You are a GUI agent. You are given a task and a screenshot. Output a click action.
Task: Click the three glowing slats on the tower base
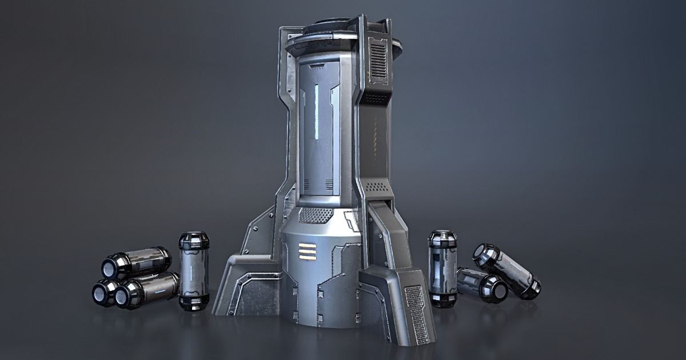(x=306, y=251)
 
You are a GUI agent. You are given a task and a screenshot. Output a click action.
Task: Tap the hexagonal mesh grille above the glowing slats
(x=316, y=215)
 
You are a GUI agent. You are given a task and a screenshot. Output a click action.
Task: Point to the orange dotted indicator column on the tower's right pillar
(x=376, y=138)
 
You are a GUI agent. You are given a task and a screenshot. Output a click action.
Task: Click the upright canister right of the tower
(x=442, y=268)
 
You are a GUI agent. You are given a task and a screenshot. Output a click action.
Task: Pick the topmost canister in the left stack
(x=137, y=263)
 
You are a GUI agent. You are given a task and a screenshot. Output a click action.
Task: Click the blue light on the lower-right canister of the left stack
(x=163, y=288)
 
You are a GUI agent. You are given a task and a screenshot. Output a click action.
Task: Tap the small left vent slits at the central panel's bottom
(x=306, y=184)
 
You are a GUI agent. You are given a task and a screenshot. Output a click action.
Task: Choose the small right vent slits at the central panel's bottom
(x=329, y=184)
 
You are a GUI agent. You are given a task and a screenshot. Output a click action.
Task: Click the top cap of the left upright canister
(x=194, y=237)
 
